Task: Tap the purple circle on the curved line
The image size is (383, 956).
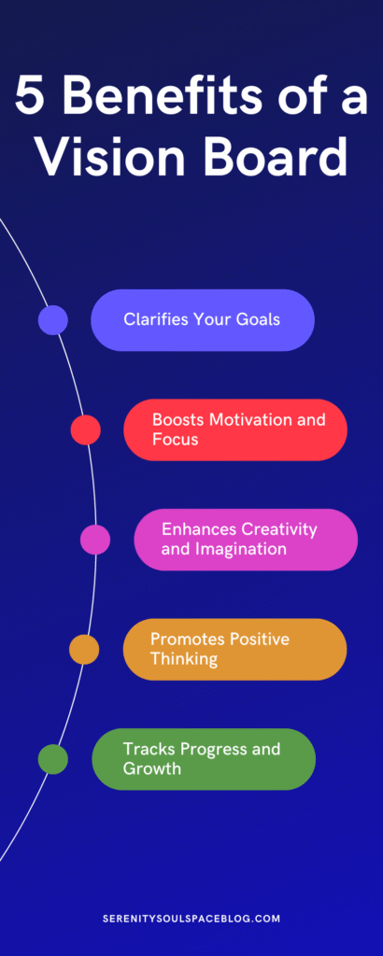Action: [53, 320]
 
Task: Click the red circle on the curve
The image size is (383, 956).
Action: [86, 429]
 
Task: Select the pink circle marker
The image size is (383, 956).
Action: [95, 540]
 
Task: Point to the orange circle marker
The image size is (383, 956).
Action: [84, 649]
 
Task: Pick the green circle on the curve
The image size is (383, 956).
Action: [53, 759]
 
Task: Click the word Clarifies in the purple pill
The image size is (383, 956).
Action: [155, 319]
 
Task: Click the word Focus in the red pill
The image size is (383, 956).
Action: [175, 439]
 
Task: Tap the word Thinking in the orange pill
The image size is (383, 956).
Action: [184, 658]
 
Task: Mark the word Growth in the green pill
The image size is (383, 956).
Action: [151, 768]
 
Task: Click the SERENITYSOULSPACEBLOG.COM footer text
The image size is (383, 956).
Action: [191, 919]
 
